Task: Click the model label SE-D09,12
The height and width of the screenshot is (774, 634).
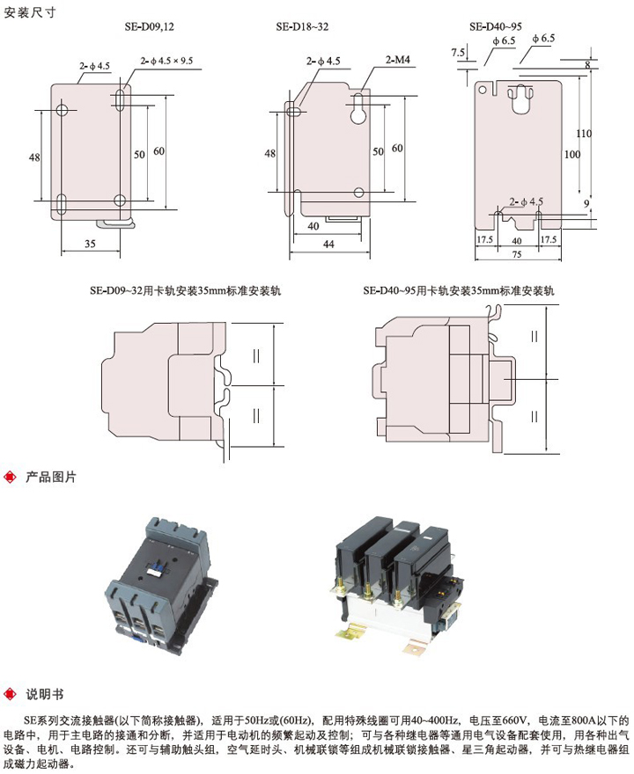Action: point(149,27)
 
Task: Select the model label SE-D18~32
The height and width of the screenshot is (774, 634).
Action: point(301,27)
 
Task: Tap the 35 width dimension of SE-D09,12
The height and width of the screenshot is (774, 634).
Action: point(90,244)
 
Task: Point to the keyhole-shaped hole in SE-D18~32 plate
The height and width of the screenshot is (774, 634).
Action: point(359,113)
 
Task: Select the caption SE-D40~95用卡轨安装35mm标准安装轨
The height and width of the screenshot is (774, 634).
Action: point(459,289)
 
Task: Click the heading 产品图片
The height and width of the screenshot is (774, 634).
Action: point(52,478)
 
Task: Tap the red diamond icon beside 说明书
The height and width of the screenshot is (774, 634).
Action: point(10,694)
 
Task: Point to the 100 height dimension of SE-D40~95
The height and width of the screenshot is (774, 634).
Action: point(572,154)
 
